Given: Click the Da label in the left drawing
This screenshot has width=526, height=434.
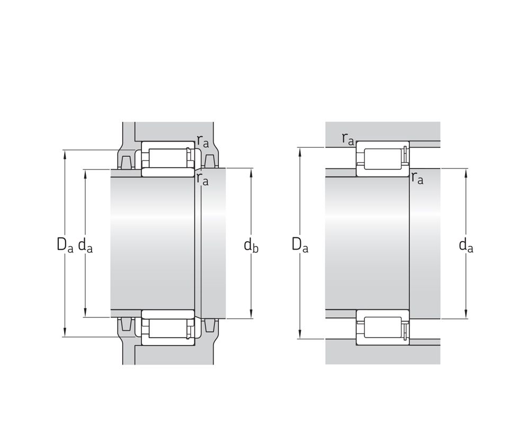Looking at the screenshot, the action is coord(65,245).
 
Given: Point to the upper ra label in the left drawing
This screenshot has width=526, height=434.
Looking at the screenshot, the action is coord(203,141).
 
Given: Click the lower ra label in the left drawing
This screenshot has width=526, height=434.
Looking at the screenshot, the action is coord(203,179).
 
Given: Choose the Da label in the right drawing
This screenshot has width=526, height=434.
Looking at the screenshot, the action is coord(300,245).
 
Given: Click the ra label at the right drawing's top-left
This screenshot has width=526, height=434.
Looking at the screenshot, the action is coord(348,139).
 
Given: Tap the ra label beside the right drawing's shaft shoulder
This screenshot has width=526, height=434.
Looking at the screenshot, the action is coord(417,178).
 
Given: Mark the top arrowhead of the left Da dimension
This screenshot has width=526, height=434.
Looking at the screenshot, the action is coord(65,154).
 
